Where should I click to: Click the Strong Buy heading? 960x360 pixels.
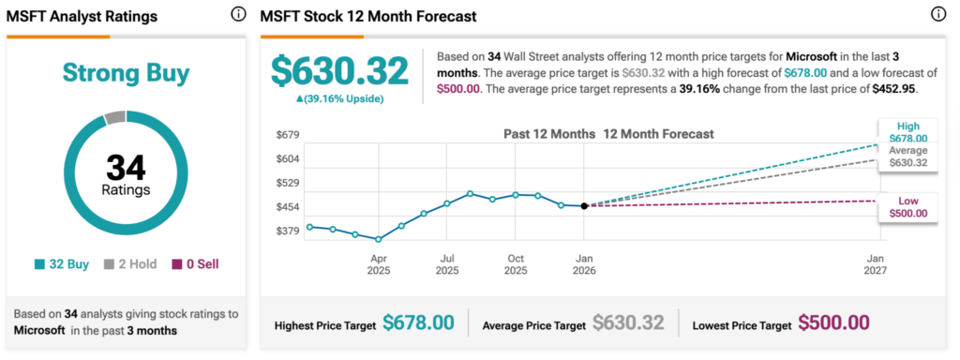coord(126,73)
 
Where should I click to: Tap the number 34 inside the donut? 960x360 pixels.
coord(126,168)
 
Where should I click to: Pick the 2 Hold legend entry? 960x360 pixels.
coord(130,264)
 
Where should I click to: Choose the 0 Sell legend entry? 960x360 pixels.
coord(195,264)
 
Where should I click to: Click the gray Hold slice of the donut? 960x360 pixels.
coord(114,117)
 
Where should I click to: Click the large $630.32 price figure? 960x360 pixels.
coord(339,71)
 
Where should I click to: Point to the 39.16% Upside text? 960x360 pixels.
coord(339,98)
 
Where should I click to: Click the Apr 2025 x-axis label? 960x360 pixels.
coord(379,263)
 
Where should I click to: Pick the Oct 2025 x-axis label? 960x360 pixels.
coord(516,263)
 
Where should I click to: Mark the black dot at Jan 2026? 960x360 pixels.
coord(584,205)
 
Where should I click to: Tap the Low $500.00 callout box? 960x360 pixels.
coord(907,207)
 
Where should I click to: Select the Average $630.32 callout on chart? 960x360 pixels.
coord(907,157)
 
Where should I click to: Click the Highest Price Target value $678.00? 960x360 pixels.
coord(418,323)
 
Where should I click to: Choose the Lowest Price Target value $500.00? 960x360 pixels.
coord(833,323)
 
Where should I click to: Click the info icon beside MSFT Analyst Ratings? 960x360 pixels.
coord(237,15)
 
